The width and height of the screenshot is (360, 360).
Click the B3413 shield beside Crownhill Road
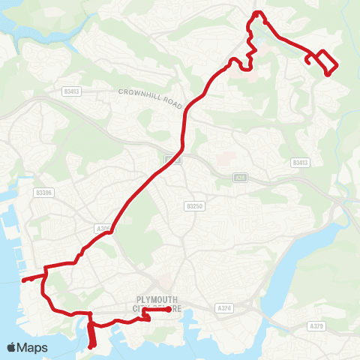pos(72,91)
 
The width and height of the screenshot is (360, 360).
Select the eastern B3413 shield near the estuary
pos(300,162)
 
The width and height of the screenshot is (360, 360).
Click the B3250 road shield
pos(194,205)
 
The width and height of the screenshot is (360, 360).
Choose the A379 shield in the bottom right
pos(318,326)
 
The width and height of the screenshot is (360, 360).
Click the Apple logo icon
pos(12,347)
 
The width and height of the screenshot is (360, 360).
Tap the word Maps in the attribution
pos(33,347)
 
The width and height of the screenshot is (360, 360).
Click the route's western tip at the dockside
pos(23,280)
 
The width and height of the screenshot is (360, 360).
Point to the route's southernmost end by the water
pos(91,347)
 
